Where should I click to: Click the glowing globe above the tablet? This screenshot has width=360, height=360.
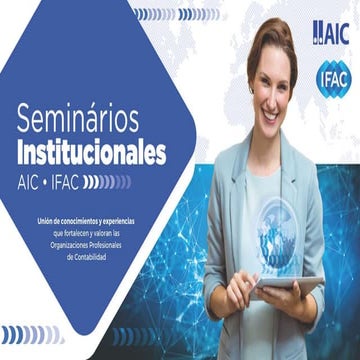coord(274,236)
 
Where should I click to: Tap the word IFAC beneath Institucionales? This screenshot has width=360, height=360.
coord(65,181)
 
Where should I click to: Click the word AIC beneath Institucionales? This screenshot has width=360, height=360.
coord(29,181)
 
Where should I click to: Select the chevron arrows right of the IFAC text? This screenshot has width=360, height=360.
coord(108,181)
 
